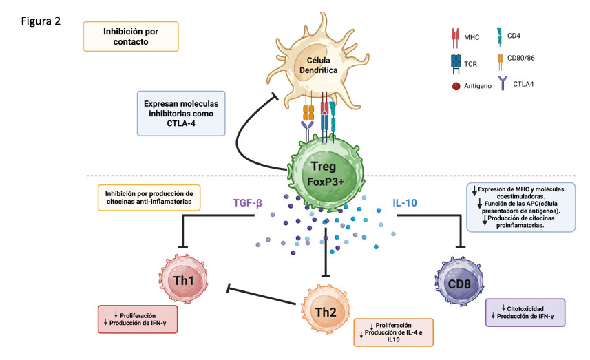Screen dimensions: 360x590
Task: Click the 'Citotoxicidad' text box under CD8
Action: click(525, 311)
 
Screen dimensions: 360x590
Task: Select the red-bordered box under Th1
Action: click(138, 319)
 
